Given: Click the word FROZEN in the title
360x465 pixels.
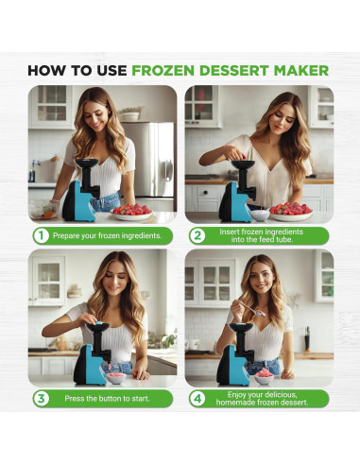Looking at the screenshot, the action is [163, 70].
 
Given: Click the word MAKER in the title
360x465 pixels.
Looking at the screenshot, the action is [301, 70].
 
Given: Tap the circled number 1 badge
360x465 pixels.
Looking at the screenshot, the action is [41, 235].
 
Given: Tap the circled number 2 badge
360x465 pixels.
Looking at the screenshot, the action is [197, 235].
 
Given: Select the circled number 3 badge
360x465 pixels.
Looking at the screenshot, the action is [41, 399].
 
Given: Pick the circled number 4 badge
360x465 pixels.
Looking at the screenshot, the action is [197, 399].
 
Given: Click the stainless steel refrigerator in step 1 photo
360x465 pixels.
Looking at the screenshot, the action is [148, 160].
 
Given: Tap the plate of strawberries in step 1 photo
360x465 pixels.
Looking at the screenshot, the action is [131, 213].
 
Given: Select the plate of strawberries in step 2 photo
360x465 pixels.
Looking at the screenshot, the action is [290, 212].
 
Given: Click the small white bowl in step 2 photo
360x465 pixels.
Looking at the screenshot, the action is [260, 215].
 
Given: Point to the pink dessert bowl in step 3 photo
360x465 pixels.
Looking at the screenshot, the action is [116, 377].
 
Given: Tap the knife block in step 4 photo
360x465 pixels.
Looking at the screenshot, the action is [307, 339].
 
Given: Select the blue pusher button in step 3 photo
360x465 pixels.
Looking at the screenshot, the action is [99, 323].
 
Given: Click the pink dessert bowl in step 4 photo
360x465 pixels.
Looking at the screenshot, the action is [264, 377].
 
